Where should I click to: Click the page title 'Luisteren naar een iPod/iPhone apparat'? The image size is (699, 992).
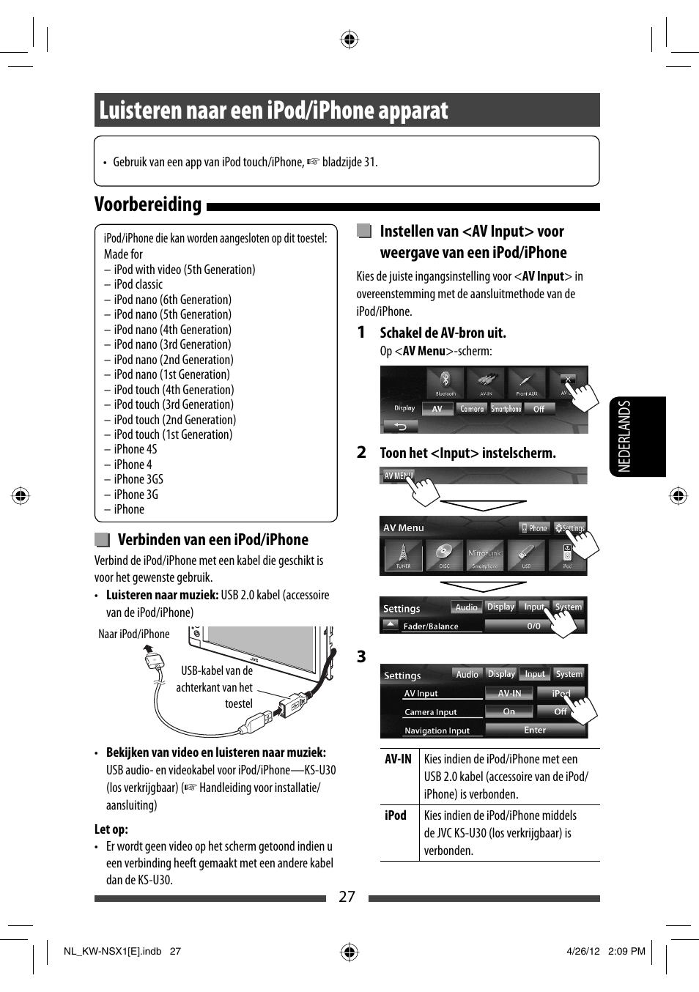[x=273, y=111]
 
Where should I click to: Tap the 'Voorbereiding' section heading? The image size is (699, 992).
[x=148, y=204]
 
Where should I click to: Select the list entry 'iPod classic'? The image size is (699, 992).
[x=138, y=284]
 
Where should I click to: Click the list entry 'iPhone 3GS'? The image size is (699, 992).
[x=138, y=479]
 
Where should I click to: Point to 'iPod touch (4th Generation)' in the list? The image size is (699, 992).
[x=174, y=390]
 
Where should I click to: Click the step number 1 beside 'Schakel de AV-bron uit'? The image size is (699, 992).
[x=361, y=333]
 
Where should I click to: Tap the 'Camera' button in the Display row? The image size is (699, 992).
[x=472, y=409]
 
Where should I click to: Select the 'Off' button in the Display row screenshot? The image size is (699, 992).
[x=539, y=409]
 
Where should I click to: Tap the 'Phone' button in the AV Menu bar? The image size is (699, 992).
[x=534, y=528]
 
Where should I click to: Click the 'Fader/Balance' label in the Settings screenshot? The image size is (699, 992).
[x=431, y=626]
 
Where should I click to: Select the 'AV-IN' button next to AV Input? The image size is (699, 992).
[x=509, y=693]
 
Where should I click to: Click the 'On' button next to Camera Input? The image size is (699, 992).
[x=508, y=711]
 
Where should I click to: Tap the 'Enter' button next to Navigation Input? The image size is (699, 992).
[x=535, y=730]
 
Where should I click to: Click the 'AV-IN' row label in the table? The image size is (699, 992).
[x=398, y=759]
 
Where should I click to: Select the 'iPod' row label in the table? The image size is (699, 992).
[x=396, y=815]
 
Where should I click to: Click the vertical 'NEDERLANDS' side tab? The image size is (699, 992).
[x=624, y=436]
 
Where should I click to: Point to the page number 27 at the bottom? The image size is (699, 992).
[x=347, y=897]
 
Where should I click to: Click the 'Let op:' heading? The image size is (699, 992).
[x=111, y=829]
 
